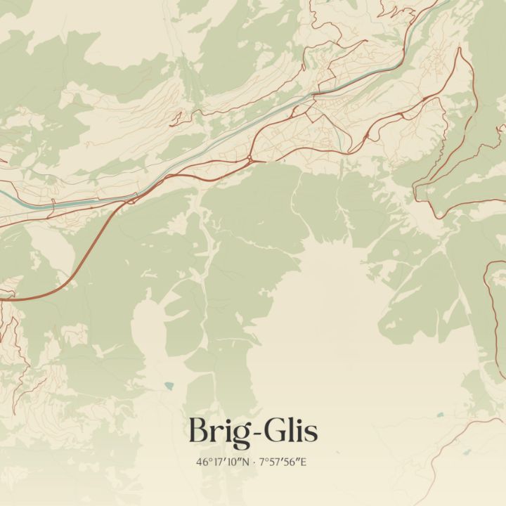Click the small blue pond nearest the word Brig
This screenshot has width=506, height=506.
pyautogui.click(x=169, y=385)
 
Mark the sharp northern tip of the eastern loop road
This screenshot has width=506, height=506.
pyautogui.click(x=460, y=48)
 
